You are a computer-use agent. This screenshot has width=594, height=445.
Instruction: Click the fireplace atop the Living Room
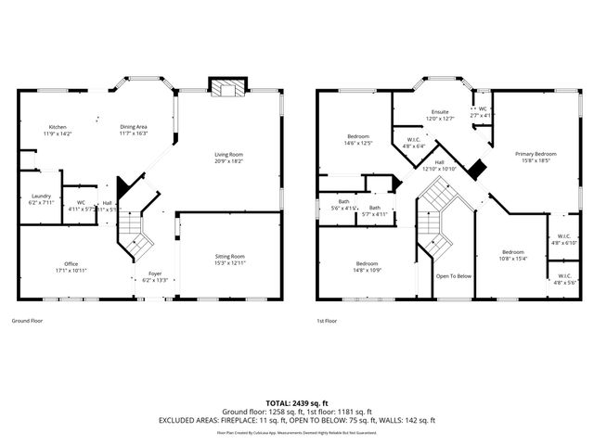(x=228, y=88)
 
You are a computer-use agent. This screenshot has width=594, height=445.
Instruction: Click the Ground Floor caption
(x=28, y=321)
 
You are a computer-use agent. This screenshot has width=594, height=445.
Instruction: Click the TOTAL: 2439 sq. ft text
(x=297, y=403)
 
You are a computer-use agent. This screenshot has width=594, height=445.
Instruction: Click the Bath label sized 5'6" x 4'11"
(x=343, y=204)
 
